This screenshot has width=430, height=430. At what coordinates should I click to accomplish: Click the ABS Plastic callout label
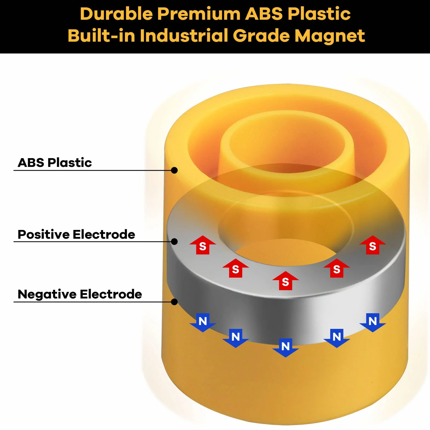pyautogui.click(x=55, y=163)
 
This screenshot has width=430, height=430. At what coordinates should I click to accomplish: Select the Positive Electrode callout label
pyautogui.click(x=76, y=234)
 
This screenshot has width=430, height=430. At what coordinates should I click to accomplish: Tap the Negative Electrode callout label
pyautogui.click(x=80, y=294)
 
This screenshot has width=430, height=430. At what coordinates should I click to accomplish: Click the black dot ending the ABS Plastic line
pyautogui.click(x=174, y=170)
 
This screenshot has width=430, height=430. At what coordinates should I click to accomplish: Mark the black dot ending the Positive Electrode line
pyautogui.click(x=174, y=241)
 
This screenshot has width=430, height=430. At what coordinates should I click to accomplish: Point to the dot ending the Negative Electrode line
pyautogui.click(x=174, y=302)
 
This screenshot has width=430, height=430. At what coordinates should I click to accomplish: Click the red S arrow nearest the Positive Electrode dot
pyautogui.click(x=203, y=245)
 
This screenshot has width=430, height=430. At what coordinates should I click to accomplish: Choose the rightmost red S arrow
pyautogui.click(x=372, y=245)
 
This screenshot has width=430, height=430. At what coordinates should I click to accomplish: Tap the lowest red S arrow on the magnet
pyautogui.click(x=285, y=280)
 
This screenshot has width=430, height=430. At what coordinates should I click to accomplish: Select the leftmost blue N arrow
pyautogui.click(x=203, y=323)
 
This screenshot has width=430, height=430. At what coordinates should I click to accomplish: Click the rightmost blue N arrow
pyautogui.click(x=373, y=323)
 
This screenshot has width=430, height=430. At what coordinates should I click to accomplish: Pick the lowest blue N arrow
pyautogui.click(x=286, y=348)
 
